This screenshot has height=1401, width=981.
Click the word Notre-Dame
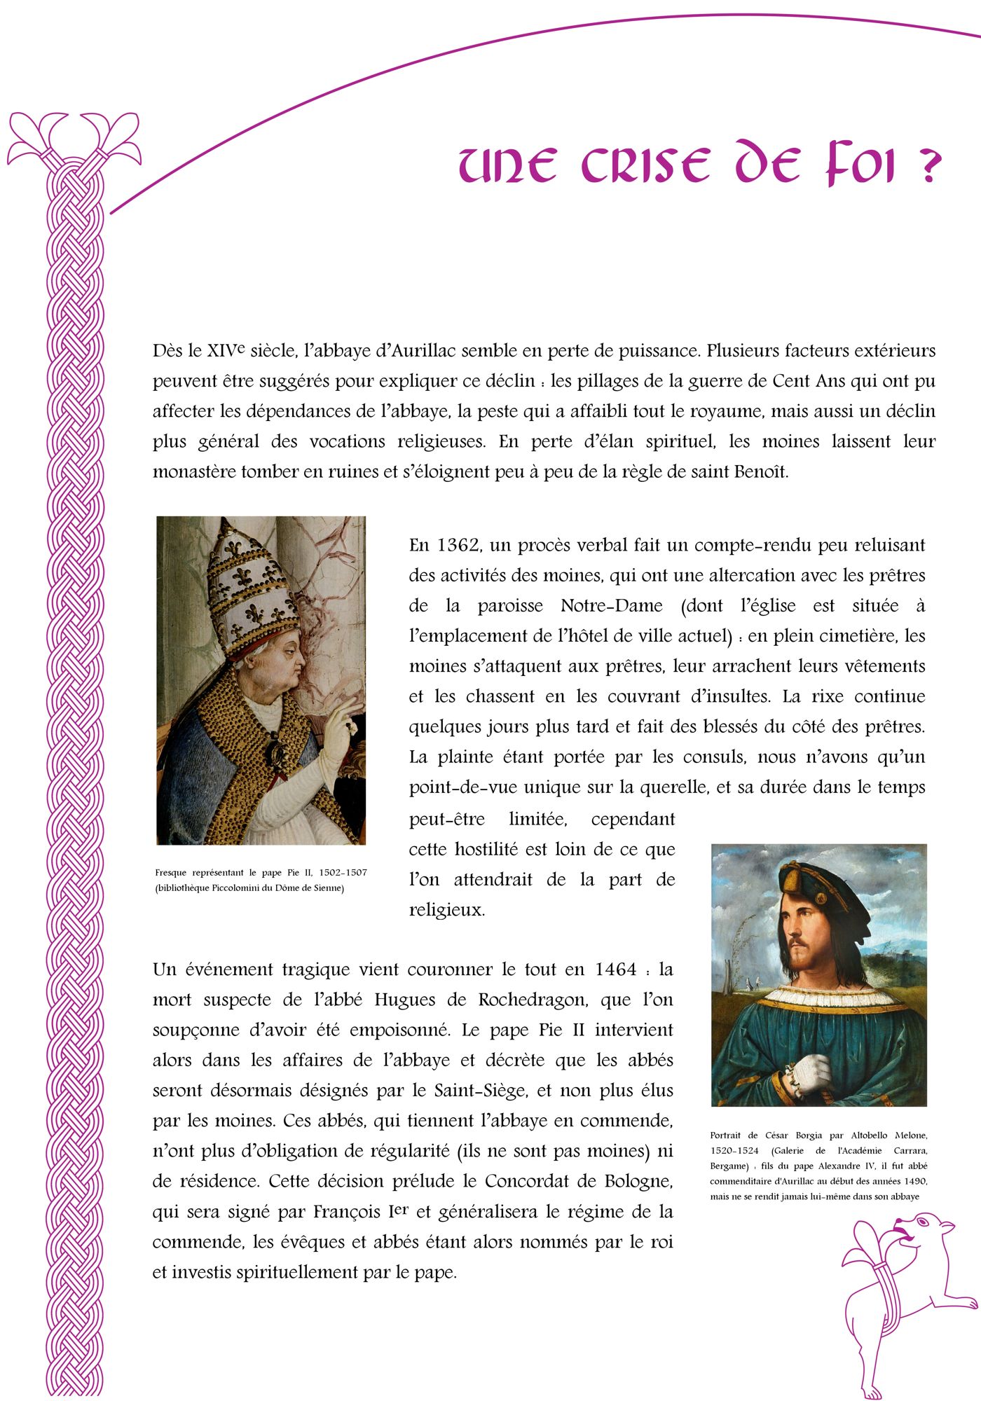point(612,606)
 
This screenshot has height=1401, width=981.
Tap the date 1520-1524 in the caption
point(734,1151)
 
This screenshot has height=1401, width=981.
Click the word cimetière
point(857,636)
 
